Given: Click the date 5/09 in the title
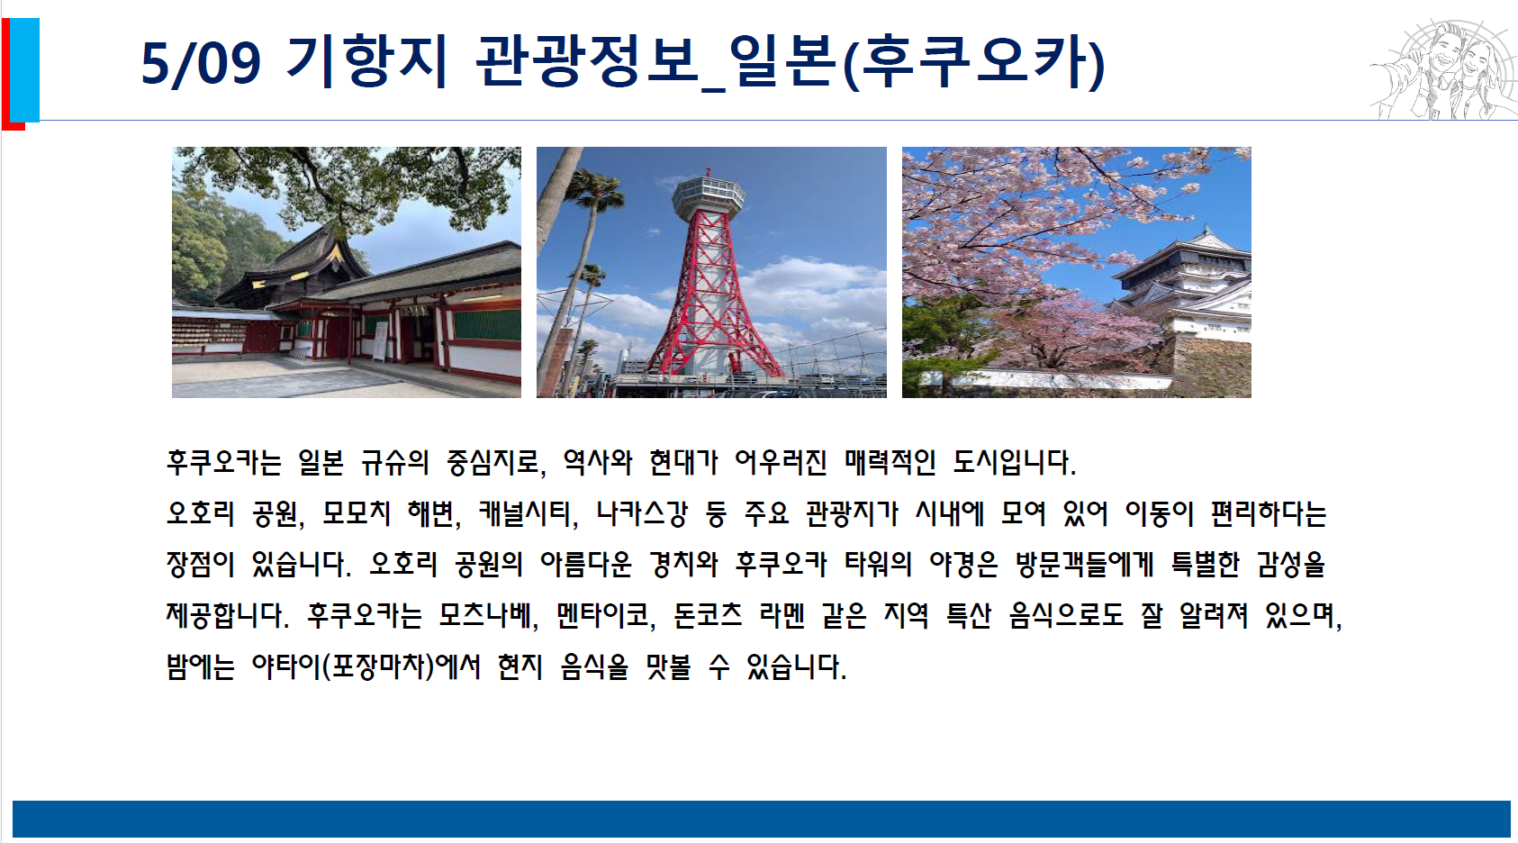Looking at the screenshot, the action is point(201,64).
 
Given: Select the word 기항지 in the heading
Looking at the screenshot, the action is point(366,61).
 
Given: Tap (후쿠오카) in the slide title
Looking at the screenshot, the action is point(974,62).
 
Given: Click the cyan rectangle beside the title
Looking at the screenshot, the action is point(24,69).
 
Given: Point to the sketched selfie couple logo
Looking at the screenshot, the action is point(1443,69).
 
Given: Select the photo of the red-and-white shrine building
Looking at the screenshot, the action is point(347,272).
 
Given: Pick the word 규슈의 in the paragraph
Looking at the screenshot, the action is point(394,463).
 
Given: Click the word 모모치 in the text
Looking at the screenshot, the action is point(357,513).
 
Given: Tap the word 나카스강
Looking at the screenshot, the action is point(641,513).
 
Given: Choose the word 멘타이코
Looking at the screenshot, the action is point(602,615).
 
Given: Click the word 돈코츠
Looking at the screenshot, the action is point(708,615).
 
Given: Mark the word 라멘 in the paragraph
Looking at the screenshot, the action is point(782,615).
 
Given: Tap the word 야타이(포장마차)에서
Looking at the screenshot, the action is point(366,666).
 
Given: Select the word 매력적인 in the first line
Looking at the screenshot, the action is point(890,463).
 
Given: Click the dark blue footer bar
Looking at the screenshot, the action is point(761,819).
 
